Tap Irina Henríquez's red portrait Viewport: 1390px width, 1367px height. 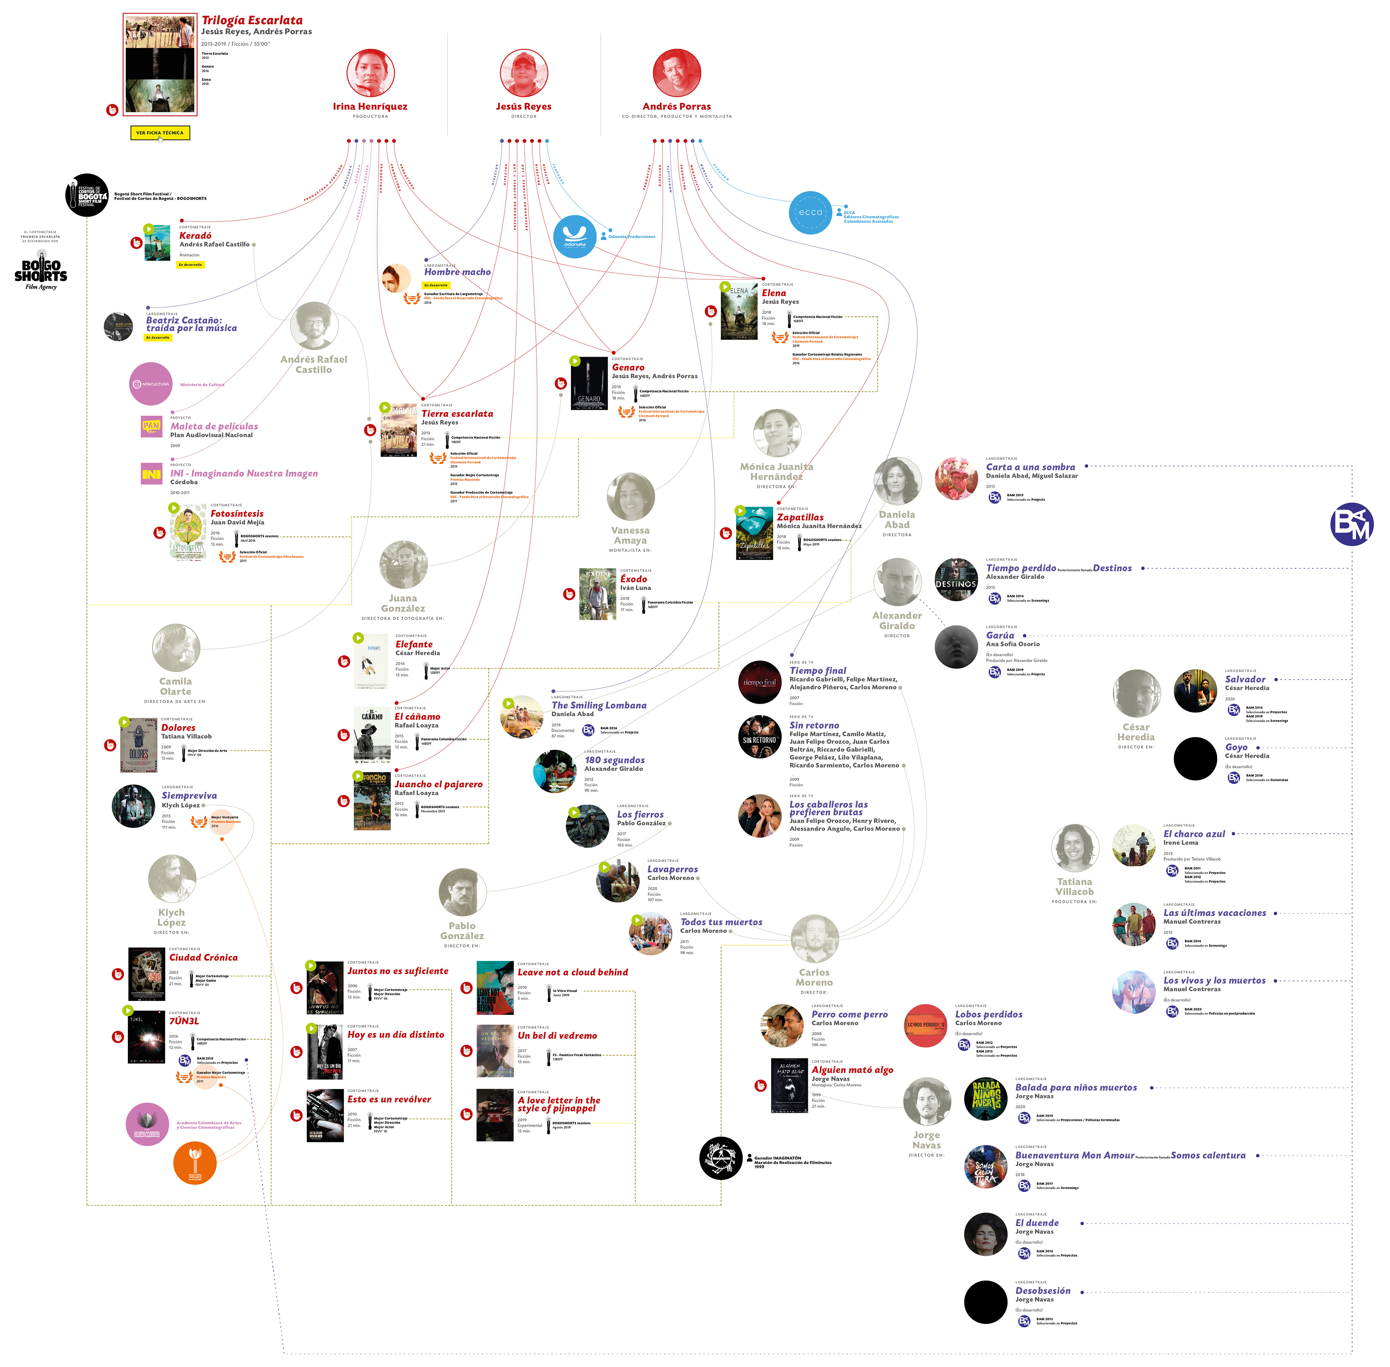[371, 73]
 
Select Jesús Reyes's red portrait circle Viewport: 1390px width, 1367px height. [524, 73]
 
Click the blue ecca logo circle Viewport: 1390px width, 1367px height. [810, 213]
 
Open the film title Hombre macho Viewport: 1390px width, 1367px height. [457, 272]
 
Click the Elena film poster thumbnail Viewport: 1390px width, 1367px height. [738, 310]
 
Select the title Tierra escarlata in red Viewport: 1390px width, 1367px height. [457, 414]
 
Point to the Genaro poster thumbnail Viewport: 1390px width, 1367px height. [589, 383]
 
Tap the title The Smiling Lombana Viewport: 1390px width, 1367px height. [598, 705]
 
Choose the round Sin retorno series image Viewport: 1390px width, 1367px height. [759, 737]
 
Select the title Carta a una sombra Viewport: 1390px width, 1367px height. [1030, 467]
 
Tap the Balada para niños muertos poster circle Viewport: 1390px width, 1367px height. [986, 1099]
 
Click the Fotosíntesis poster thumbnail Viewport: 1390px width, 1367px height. [188, 532]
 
